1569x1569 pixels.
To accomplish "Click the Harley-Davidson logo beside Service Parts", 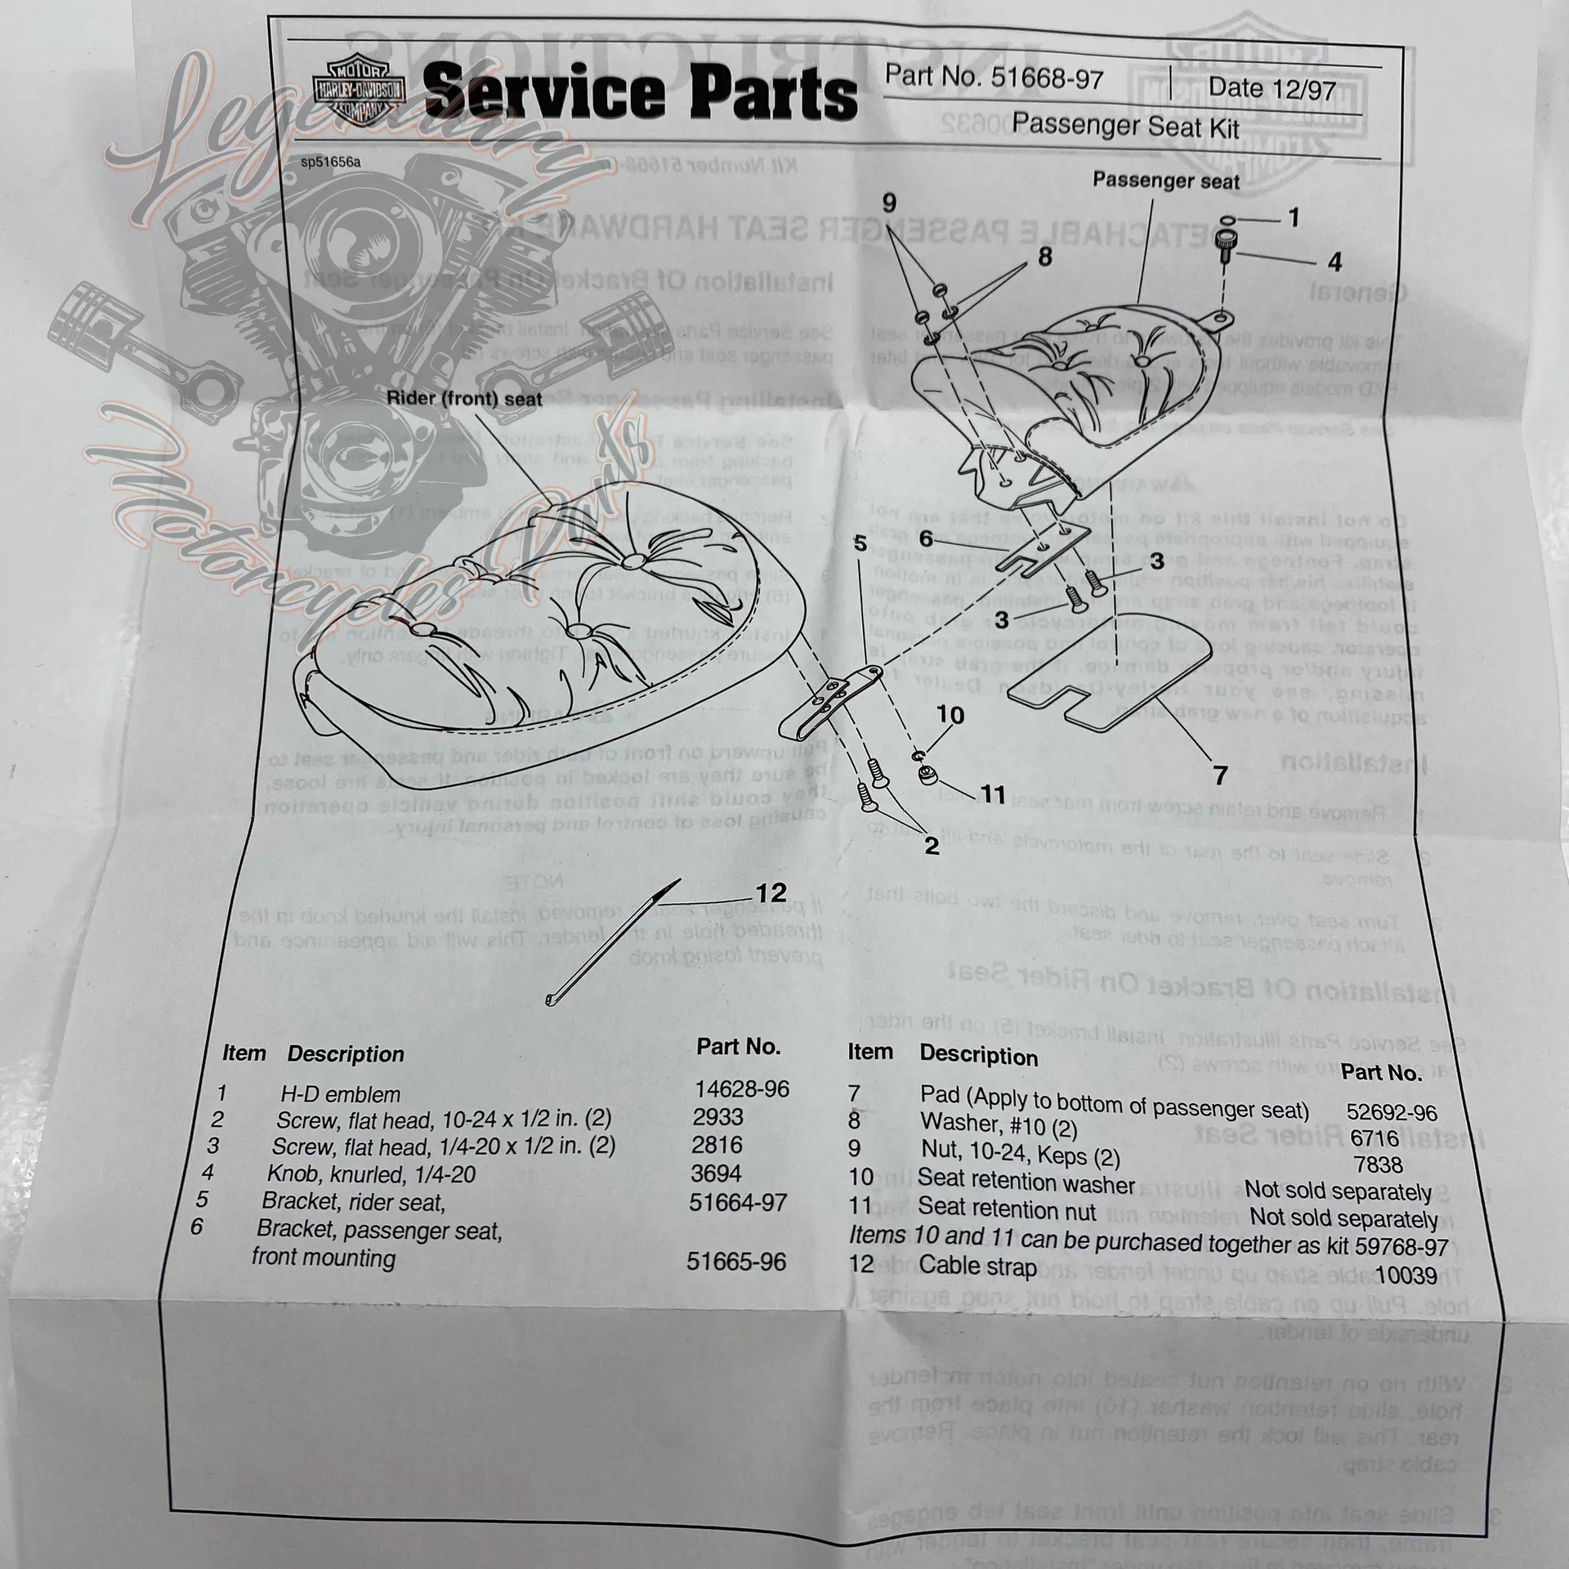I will pos(357,90).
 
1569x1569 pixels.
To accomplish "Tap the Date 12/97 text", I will pos(1272,87).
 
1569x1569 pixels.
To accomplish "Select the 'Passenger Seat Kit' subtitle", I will pos(1125,126).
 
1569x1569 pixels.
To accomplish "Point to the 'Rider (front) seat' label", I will pos(463,399).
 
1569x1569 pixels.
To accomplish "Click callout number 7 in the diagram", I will pos(1220,775).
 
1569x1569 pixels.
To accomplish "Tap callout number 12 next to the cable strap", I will pos(771,892).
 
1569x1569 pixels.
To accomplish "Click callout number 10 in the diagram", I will pos(950,715).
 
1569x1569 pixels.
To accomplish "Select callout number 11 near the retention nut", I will pos(992,793).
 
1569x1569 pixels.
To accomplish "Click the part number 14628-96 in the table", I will pos(742,1088).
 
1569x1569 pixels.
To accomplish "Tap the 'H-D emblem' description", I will pos(340,1094).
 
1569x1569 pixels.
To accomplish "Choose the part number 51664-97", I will pos(737,1202).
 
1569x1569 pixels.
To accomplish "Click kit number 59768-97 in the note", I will pos(1401,1247).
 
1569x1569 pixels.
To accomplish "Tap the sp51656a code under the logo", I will pos(330,162).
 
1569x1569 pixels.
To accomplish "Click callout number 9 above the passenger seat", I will pos(890,203).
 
